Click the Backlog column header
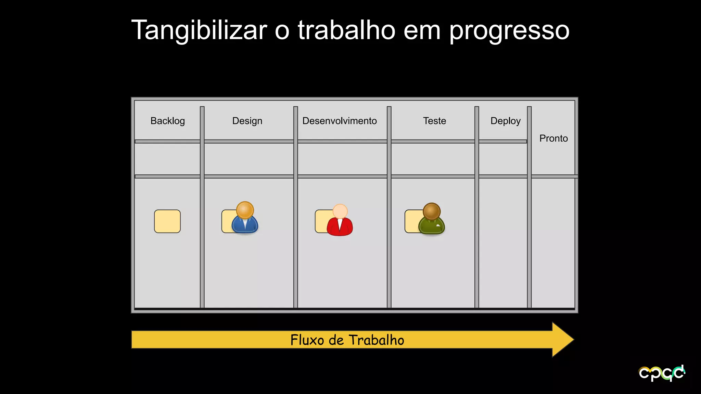(167, 121)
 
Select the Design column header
(247, 121)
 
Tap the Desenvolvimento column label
(340, 121)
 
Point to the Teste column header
(434, 121)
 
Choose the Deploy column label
(505, 121)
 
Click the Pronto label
(553, 139)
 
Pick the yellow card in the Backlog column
(167, 221)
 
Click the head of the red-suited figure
(340, 211)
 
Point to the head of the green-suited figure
(432, 211)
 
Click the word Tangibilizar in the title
(199, 30)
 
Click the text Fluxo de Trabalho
(347, 340)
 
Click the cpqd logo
(662, 373)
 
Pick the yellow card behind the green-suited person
(411, 221)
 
